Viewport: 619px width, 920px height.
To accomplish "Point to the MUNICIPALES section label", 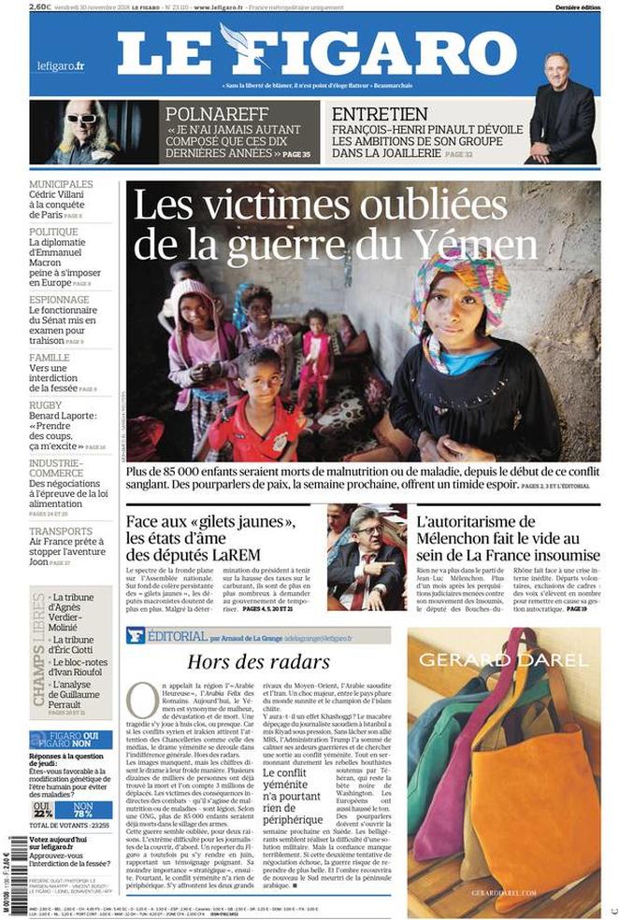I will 61,185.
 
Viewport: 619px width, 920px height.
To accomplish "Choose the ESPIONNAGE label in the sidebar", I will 59,300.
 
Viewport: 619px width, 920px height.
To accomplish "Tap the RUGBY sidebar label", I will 45,405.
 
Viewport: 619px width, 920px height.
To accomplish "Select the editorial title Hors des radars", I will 258,662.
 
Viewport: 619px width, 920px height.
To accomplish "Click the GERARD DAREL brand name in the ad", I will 503,660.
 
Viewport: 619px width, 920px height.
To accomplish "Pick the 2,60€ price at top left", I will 40,7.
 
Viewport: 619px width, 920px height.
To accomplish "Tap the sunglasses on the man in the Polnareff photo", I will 82,119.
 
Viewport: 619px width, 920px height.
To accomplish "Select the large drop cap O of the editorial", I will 141,697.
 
